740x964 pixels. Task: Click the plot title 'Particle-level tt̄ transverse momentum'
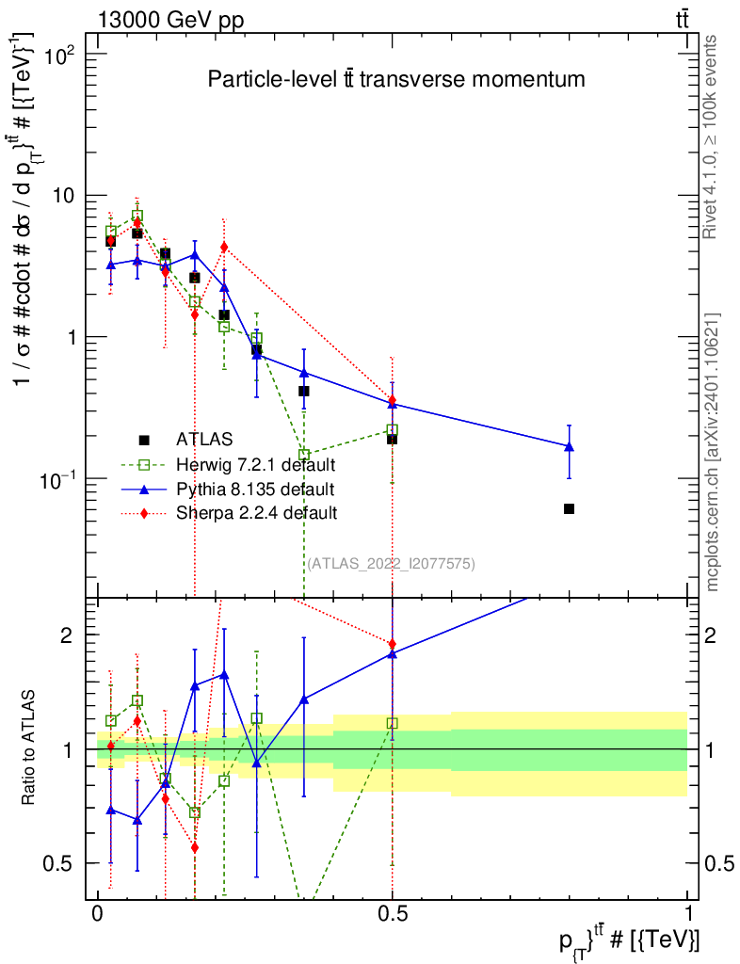click(x=396, y=79)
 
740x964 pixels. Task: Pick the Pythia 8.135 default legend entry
click(x=229, y=490)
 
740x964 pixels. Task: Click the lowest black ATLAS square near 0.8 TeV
click(x=570, y=508)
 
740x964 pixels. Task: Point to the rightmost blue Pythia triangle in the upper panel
click(x=570, y=446)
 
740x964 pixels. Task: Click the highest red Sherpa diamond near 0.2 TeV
click(x=224, y=247)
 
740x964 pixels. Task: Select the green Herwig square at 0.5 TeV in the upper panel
click(x=393, y=429)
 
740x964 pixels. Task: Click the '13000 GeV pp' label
click(x=170, y=21)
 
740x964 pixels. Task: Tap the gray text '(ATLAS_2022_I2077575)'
click(x=391, y=564)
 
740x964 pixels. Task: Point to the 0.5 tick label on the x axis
click(x=393, y=913)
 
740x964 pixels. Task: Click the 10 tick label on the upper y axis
click(x=61, y=196)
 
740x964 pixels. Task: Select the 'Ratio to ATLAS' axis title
click(x=28, y=748)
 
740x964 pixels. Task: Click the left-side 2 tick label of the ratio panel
click(x=67, y=635)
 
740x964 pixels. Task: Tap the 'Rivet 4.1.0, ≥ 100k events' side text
click(x=709, y=137)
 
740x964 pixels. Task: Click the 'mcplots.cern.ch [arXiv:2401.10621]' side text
click(x=713, y=452)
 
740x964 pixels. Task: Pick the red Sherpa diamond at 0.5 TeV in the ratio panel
click(x=393, y=644)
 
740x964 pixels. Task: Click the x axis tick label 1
click(x=688, y=913)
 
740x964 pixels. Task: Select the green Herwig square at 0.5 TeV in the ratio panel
click(x=393, y=724)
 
